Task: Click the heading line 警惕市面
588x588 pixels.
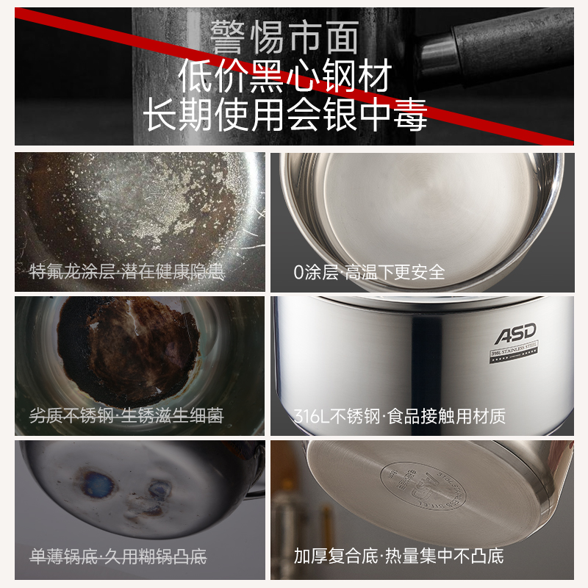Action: click(x=286, y=37)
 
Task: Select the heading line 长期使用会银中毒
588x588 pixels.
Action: click(x=286, y=116)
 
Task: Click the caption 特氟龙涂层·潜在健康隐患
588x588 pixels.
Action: click(x=126, y=272)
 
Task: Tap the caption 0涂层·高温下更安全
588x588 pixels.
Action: click(x=369, y=272)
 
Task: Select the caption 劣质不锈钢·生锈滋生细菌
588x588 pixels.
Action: click(x=126, y=416)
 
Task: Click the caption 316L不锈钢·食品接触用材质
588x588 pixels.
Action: click(x=399, y=417)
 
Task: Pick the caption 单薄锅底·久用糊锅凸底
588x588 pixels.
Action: click(x=118, y=556)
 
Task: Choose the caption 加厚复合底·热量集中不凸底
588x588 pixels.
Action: click(x=398, y=556)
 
